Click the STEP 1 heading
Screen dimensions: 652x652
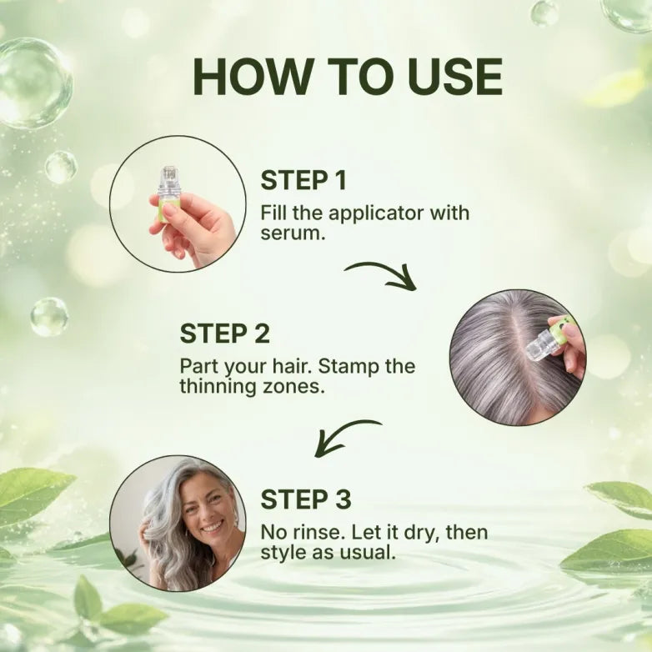pos(303,180)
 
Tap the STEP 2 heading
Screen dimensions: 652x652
pos(225,334)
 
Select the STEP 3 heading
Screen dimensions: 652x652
pos(306,499)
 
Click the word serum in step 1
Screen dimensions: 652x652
pos(291,234)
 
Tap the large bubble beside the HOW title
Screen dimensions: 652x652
pos(34,83)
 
